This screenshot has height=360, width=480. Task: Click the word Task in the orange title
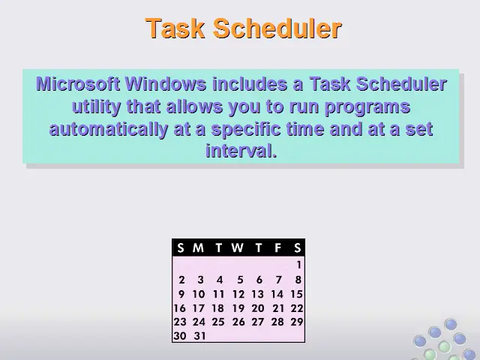coord(175,28)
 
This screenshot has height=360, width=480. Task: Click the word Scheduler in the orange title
coord(277,28)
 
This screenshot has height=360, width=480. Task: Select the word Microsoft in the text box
coord(78,83)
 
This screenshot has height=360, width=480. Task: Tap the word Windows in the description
coord(166,83)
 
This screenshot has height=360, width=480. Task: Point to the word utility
coord(96,107)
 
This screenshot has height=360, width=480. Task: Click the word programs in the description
coord(367,107)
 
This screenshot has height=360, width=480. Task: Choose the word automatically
coord(108,129)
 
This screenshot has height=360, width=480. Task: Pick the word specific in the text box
coord(246,130)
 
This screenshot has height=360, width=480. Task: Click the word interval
coord(241,151)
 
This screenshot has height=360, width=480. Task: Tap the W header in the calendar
coord(238,247)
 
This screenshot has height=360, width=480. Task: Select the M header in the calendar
coord(198,247)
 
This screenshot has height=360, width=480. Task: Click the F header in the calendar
coord(277,247)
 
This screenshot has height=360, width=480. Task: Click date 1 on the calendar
coord(298,265)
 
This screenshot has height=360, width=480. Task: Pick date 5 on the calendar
coord(240,280)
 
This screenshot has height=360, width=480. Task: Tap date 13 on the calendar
coord(257,294)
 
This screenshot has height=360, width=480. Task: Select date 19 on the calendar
coord(238,308)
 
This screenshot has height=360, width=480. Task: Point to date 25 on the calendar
coord(218,322)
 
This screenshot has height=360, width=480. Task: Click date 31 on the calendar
coord(199,336)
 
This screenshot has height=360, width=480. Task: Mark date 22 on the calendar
coord(297,308)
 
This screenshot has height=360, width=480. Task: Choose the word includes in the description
coord(250,83)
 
